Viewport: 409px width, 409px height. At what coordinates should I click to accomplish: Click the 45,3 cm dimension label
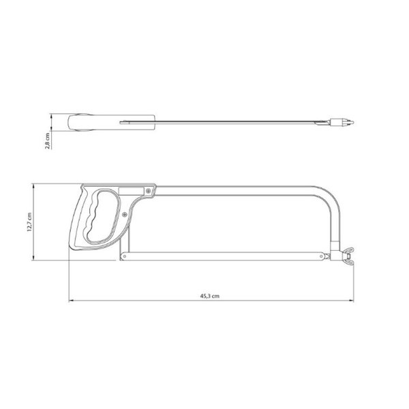click(210, 296)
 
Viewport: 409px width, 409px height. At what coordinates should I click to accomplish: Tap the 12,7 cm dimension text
click(29, 222)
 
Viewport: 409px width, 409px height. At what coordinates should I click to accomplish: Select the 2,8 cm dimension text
click(47, 141)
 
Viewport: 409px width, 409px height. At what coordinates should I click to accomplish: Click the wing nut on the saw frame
click(348, 255)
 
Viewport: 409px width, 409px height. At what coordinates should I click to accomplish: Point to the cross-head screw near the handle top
click(149, 191)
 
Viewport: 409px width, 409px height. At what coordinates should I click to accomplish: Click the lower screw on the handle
click(125, 215)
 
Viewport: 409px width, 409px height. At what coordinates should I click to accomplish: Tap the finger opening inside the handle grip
click(102, 216)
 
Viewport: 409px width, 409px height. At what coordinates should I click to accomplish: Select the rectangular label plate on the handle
click(131, 191)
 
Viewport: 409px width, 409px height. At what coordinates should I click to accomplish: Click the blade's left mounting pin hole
click(125, 256)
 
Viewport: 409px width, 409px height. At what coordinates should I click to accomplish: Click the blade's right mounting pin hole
click(321, 256)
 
